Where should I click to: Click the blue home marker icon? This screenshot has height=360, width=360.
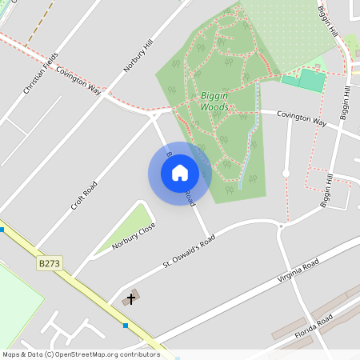[x=180, y=173]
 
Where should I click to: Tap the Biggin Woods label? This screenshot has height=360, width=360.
[x=214, y=101]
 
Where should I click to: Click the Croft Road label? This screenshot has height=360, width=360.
[x=84, y=195]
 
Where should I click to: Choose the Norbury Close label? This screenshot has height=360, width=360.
[x=134, y=235]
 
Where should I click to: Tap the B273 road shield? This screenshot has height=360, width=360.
[x=50, y=262]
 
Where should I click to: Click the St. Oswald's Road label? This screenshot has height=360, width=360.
[x=189, y=251]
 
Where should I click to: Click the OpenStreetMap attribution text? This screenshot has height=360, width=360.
[x=80, y=354]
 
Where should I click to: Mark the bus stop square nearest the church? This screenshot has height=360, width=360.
[x=126, y=326]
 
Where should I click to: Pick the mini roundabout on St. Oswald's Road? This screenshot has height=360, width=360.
[x=280, y=226]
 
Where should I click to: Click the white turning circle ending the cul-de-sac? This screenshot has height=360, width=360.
[x=286, y=173]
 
